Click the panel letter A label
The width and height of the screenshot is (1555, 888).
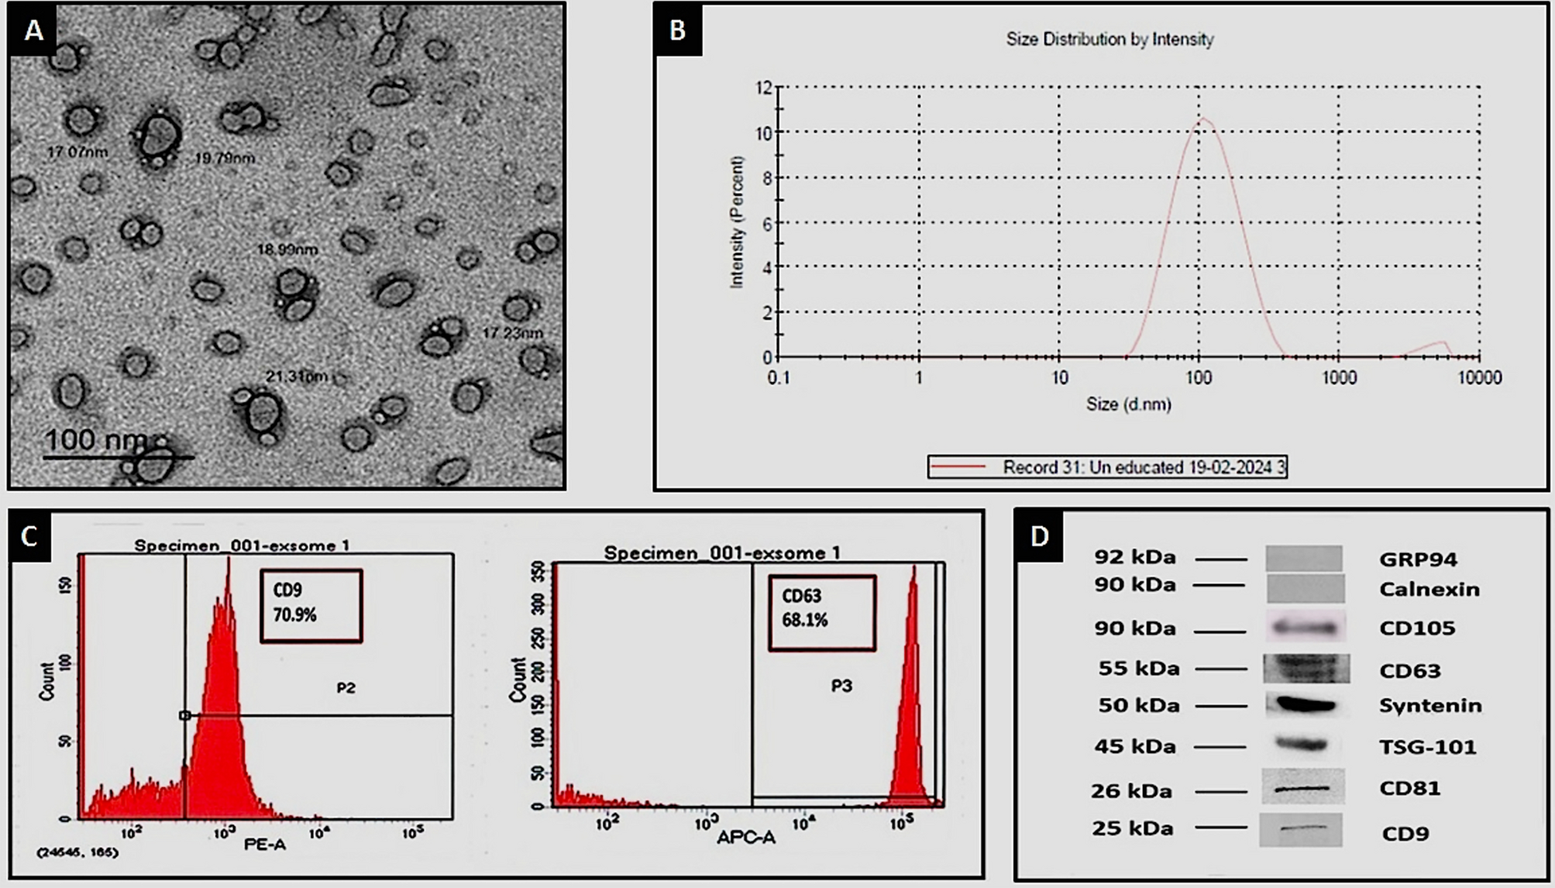pos(33,30)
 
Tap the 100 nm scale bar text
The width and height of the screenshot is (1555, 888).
pos(95,440)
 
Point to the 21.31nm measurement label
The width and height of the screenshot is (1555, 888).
pos(297,377)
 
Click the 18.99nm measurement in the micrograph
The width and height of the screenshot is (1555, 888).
pos(287,250)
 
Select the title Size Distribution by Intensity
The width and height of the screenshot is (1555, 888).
pos(1109,39)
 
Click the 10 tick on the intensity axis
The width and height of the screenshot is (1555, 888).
pos(765,133)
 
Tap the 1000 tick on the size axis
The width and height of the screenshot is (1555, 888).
pos(1339,378)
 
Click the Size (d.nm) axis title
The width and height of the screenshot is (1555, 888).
pos(1128,404)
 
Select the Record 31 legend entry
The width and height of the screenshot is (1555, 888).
pos(1108,467)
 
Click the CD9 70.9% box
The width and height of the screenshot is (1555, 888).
pos(311,605)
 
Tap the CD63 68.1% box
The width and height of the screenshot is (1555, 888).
pos(821,612)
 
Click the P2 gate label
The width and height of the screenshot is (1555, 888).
pos(346,688)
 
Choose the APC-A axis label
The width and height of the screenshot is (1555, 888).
pos(745,838)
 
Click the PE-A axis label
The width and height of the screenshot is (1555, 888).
pos(265,845)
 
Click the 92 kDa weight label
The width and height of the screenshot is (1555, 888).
pos(1135,557)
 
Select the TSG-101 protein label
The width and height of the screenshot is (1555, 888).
pos(1427,747)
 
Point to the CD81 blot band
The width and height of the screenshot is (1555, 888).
pos(1303,789)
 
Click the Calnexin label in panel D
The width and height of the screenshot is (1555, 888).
pos(1429,590)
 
